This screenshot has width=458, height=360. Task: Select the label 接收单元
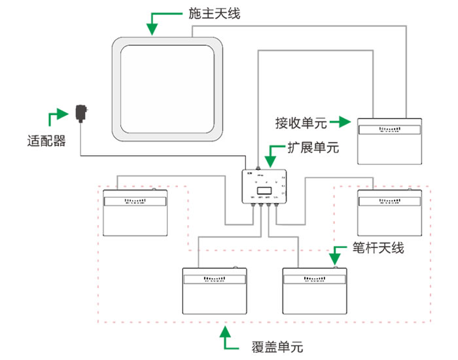click(302, 122)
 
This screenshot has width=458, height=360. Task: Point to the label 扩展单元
click(313, 147)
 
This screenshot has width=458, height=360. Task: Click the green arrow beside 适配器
click(57, 117)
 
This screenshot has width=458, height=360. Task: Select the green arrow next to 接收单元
click(341, 122)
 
